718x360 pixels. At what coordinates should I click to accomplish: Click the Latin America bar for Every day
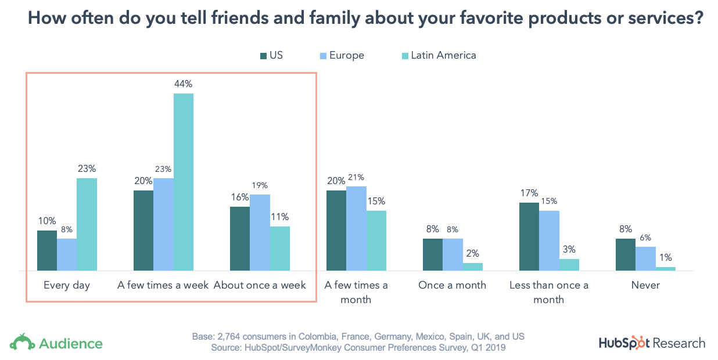click(87, 224)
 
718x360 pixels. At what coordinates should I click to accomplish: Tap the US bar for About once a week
click(240, 238)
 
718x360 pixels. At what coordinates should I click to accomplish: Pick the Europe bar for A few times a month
click(356, 228)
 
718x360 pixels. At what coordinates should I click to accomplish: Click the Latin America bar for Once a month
click(472, 267)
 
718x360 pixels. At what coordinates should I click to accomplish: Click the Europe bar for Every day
click(67, 254)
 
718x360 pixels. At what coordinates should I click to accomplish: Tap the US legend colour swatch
click(263, 56)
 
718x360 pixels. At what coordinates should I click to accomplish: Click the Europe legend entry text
click(347, 56)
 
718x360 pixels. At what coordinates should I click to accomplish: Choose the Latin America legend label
click(443, 56)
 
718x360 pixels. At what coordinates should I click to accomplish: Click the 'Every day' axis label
click(67, 286)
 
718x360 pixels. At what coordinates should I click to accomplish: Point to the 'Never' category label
click(645, 286)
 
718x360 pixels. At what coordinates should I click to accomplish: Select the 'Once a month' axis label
click(453, 286)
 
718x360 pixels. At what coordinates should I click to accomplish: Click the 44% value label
click(184, 84)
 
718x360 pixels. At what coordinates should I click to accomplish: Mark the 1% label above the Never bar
click(666, 258)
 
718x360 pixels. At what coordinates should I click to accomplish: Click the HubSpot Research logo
click(652, 343)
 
